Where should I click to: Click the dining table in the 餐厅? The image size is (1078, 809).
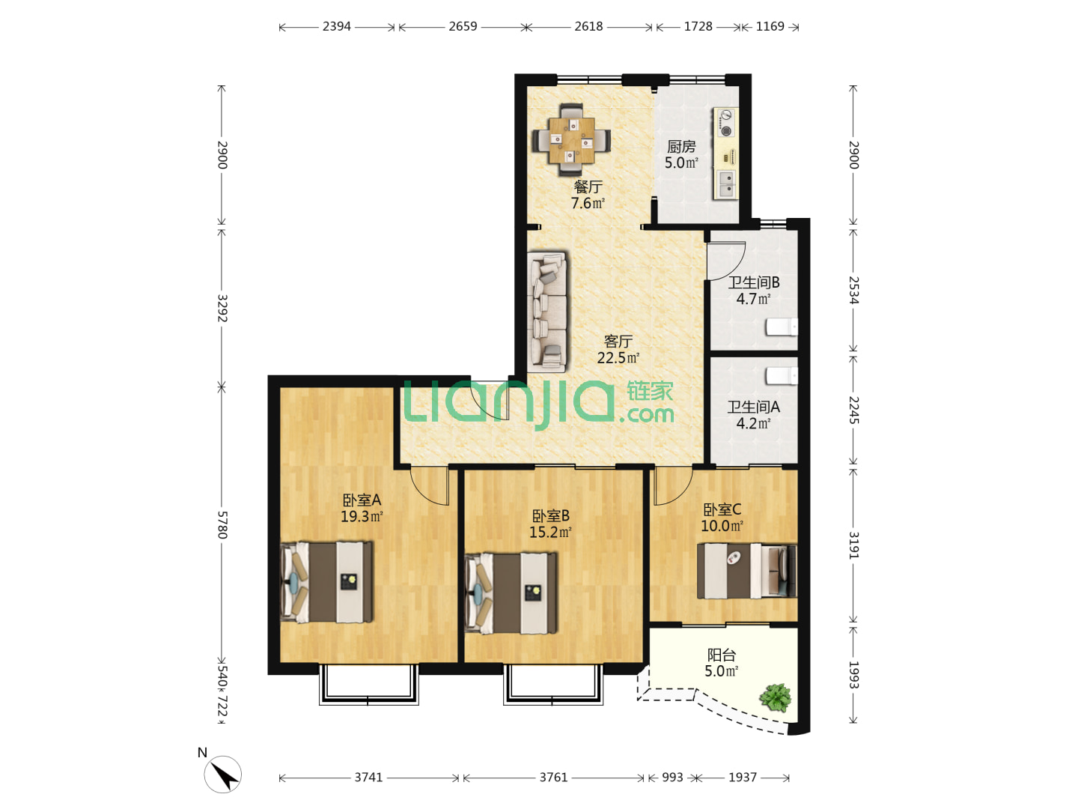coord(572,140)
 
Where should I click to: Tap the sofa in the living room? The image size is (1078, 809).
coord(547,312)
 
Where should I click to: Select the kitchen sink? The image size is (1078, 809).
coord(727,184)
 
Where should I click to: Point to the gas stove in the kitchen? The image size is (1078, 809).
coord(725,123)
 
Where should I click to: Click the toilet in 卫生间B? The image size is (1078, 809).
coord(782,327)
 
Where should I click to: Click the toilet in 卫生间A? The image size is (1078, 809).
coord(782,376)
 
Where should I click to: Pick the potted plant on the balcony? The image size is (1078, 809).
coord(775,697)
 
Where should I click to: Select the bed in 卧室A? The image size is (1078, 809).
coord(326,581)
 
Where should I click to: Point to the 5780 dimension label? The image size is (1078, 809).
coord(222,524)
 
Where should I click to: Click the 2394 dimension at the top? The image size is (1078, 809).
coord(336,26)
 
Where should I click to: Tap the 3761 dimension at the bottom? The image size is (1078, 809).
coord(553,777)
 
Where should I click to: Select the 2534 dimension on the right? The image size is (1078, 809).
coord(854,290)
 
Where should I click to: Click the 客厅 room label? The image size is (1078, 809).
coord(618,341)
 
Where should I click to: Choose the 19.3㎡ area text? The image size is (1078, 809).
coord(362,516)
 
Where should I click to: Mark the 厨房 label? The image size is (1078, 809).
coord(681,146)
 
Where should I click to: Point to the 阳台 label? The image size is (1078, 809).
coord(721,655)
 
